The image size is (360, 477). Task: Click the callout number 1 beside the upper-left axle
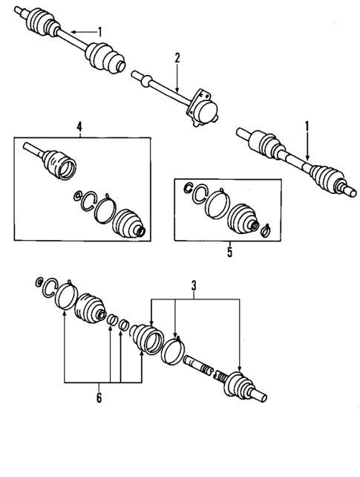pyautogui.click(x=101, y=31)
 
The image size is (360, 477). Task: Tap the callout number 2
pyautogui.click(x=177, y=58)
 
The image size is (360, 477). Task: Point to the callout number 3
pyautogui.click(x=194, y=285)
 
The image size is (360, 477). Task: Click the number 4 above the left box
pyautogui.click(x=79, y=127)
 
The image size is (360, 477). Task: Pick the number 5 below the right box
pyautogui.click(x=229, y=253)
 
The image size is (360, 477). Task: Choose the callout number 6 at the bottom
pyautogui.click(x=98, y=397)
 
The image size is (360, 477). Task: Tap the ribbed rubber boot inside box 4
pyautogui.click(x=128, y=221)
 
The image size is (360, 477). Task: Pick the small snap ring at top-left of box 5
pyautogui.click(x=190, y=186)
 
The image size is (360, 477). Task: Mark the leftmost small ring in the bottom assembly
pyautogui.click(x=38, y=282)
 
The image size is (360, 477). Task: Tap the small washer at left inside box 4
pyautogui.click(x=76, y=196)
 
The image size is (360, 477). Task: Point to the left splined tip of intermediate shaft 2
pyautogui.click(x=137, y=74)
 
